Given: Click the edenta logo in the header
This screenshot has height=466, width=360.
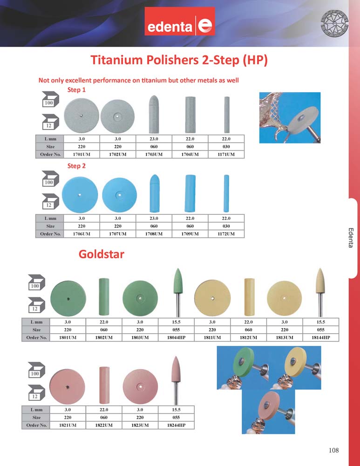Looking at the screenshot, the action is [180, 21].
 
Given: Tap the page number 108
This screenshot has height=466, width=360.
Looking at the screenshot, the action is [333, 450].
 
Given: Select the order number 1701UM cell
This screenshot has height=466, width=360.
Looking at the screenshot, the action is [82, 155].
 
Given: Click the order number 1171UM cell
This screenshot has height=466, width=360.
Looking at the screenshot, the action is [226, 155].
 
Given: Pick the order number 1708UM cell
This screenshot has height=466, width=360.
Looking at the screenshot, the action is [154, 234].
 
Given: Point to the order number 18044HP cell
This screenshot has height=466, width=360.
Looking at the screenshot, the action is [176, 337].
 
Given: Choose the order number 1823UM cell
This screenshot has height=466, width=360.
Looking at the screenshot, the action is [140, 425].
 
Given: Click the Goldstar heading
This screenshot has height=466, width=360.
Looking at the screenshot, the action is [101, 254].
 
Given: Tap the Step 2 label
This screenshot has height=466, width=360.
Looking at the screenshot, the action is [76, 166].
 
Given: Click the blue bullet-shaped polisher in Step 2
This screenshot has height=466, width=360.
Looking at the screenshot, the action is [154, 193].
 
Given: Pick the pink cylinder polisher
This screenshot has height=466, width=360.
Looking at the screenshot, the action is [104, 385].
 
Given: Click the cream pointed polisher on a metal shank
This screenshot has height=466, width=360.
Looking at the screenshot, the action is [320, 293].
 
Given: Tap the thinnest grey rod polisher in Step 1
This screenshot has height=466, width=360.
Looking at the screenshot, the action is [227, 115].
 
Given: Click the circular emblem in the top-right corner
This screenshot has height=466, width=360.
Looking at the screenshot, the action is [334, 22].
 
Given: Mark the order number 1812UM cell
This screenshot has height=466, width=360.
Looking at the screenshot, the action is [248, 337].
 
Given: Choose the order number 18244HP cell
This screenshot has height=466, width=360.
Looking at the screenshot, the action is [176, 425].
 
